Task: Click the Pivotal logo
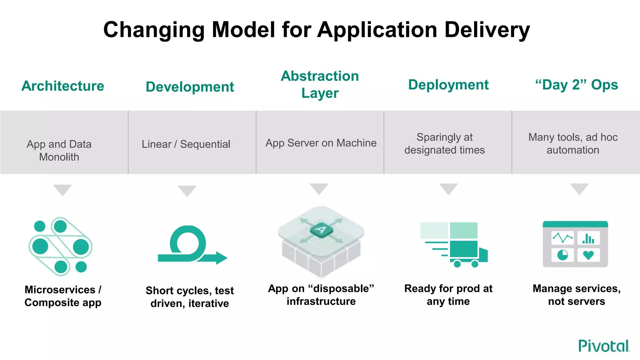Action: [604, 346]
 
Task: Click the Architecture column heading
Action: [63, 86]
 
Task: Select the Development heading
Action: [190, 87]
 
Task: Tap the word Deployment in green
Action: [448, 85]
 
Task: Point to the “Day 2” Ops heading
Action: [577, 85]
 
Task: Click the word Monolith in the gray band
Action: [59, 157]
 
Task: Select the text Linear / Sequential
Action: [186, 144]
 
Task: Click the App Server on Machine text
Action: [321, 143]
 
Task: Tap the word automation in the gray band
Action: [573, 150]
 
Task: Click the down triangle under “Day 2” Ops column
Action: [579, 188]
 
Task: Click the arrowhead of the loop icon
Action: [221, 258]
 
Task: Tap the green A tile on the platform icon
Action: [321, 230]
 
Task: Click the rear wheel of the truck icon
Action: [457, 264]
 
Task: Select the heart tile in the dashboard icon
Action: [588, 255]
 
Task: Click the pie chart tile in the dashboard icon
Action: [562, 255]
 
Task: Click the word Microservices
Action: [60, 290]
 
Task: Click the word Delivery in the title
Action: [487, 30]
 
